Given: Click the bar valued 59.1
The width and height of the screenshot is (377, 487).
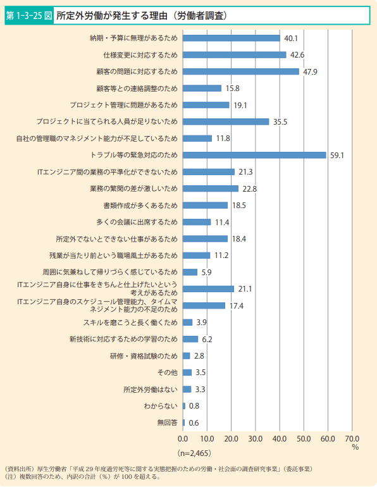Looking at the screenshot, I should coord(254,155).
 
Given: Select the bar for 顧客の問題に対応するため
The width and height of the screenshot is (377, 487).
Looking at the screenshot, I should coord(241,71).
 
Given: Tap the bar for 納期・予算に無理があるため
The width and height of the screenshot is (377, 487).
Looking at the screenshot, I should coord(232,38).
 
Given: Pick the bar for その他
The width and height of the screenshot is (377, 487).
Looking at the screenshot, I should coord(187,373).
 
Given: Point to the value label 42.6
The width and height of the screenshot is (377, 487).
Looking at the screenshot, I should coord(297,55).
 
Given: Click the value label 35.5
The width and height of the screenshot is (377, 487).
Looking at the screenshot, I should coord(280,121).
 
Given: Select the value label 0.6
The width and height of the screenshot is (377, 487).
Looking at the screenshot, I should coord(194,422).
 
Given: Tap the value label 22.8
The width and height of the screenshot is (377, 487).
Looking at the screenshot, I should coord(249,188).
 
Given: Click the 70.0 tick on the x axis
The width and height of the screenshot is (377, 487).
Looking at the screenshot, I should coord(352,438).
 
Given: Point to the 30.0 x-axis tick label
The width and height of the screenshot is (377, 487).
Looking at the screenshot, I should coord(256,438).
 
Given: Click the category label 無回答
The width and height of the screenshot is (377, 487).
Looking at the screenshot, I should coord(167,422).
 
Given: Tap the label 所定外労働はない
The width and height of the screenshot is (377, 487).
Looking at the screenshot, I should coord(151,389).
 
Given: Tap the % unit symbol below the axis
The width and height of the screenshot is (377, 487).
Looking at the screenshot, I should coord(355,447).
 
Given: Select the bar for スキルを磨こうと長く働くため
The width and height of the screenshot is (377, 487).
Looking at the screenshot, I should coord(188,323).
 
